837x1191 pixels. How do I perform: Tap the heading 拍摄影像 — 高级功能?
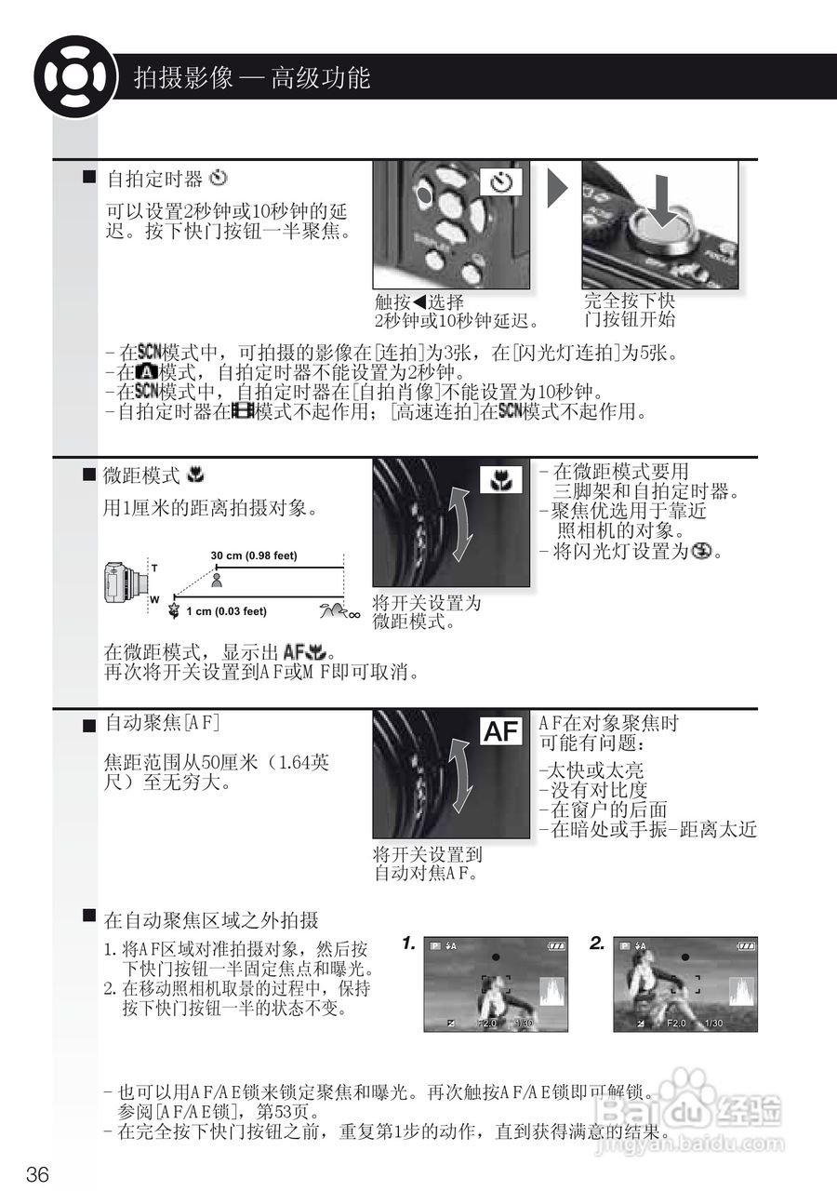tap(252, 77)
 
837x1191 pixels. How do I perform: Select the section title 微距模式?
tap(141, 475)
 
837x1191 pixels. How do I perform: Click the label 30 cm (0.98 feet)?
tap(254, 555)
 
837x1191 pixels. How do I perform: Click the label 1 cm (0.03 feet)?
tap(226, 611)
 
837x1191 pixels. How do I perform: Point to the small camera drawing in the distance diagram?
tap(127, 583)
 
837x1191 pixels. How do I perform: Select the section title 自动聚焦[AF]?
tap(162, 722)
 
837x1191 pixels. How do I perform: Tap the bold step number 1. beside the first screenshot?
tap(408, 943)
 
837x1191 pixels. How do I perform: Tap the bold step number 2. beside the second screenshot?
tap(597, 943)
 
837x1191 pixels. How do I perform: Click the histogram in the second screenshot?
tap(741, 991)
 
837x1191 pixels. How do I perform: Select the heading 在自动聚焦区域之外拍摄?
tap(211, 920)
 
